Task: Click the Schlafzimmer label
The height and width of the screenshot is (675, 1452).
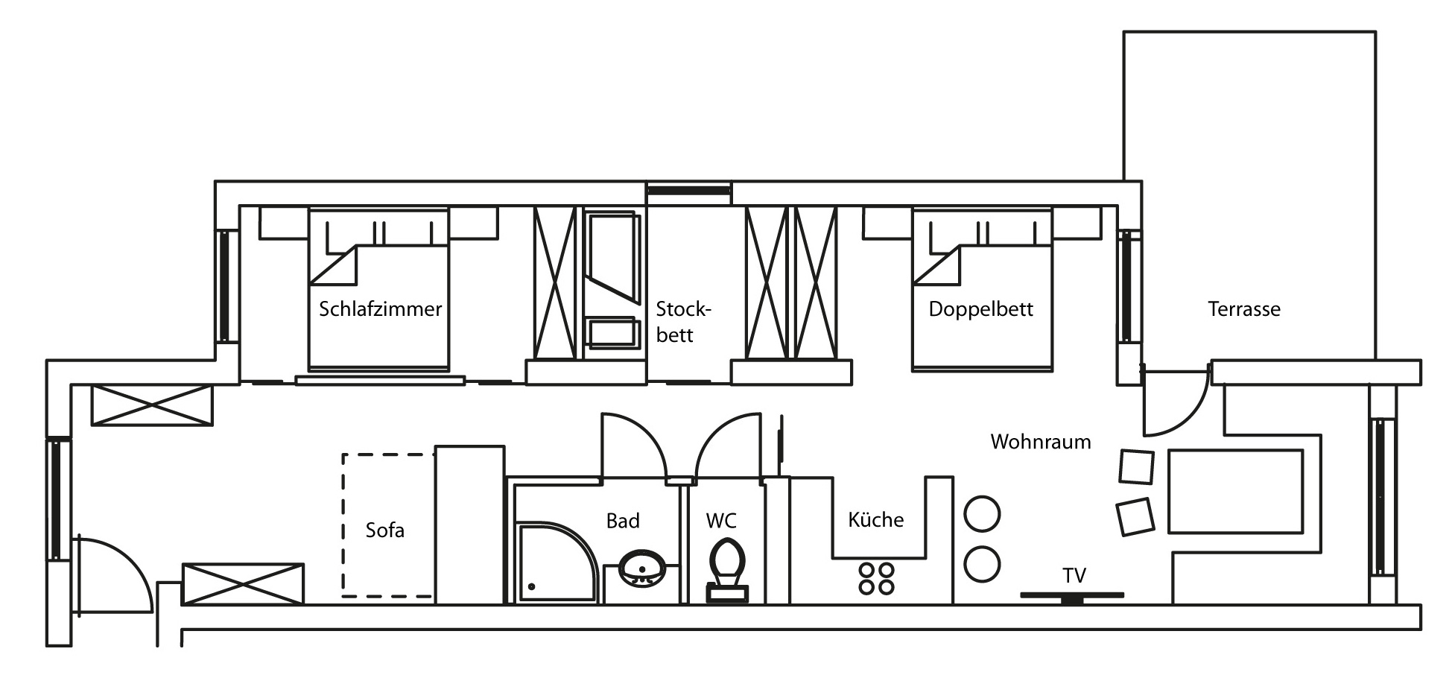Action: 380,308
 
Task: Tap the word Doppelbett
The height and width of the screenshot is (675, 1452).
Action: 980,309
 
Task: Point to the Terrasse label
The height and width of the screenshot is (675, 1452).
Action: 1244,308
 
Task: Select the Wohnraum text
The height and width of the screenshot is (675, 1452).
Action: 1041,442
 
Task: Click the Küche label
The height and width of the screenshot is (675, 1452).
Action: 875,519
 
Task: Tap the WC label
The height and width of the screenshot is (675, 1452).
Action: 721,521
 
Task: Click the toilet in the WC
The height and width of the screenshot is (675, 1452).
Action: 726,570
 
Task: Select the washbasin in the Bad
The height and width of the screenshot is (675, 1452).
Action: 641,569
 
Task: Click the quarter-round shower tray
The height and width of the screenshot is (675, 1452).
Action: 557,562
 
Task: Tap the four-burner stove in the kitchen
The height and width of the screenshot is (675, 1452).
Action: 876,578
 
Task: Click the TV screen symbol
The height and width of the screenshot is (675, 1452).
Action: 1072,596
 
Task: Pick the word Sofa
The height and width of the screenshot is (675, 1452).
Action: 384,530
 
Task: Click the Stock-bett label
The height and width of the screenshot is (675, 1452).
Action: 684,322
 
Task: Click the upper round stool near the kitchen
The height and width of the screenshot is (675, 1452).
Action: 982,514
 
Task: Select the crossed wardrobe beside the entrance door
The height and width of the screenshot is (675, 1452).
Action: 243,584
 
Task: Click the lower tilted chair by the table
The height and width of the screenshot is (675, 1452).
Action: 1135,516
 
